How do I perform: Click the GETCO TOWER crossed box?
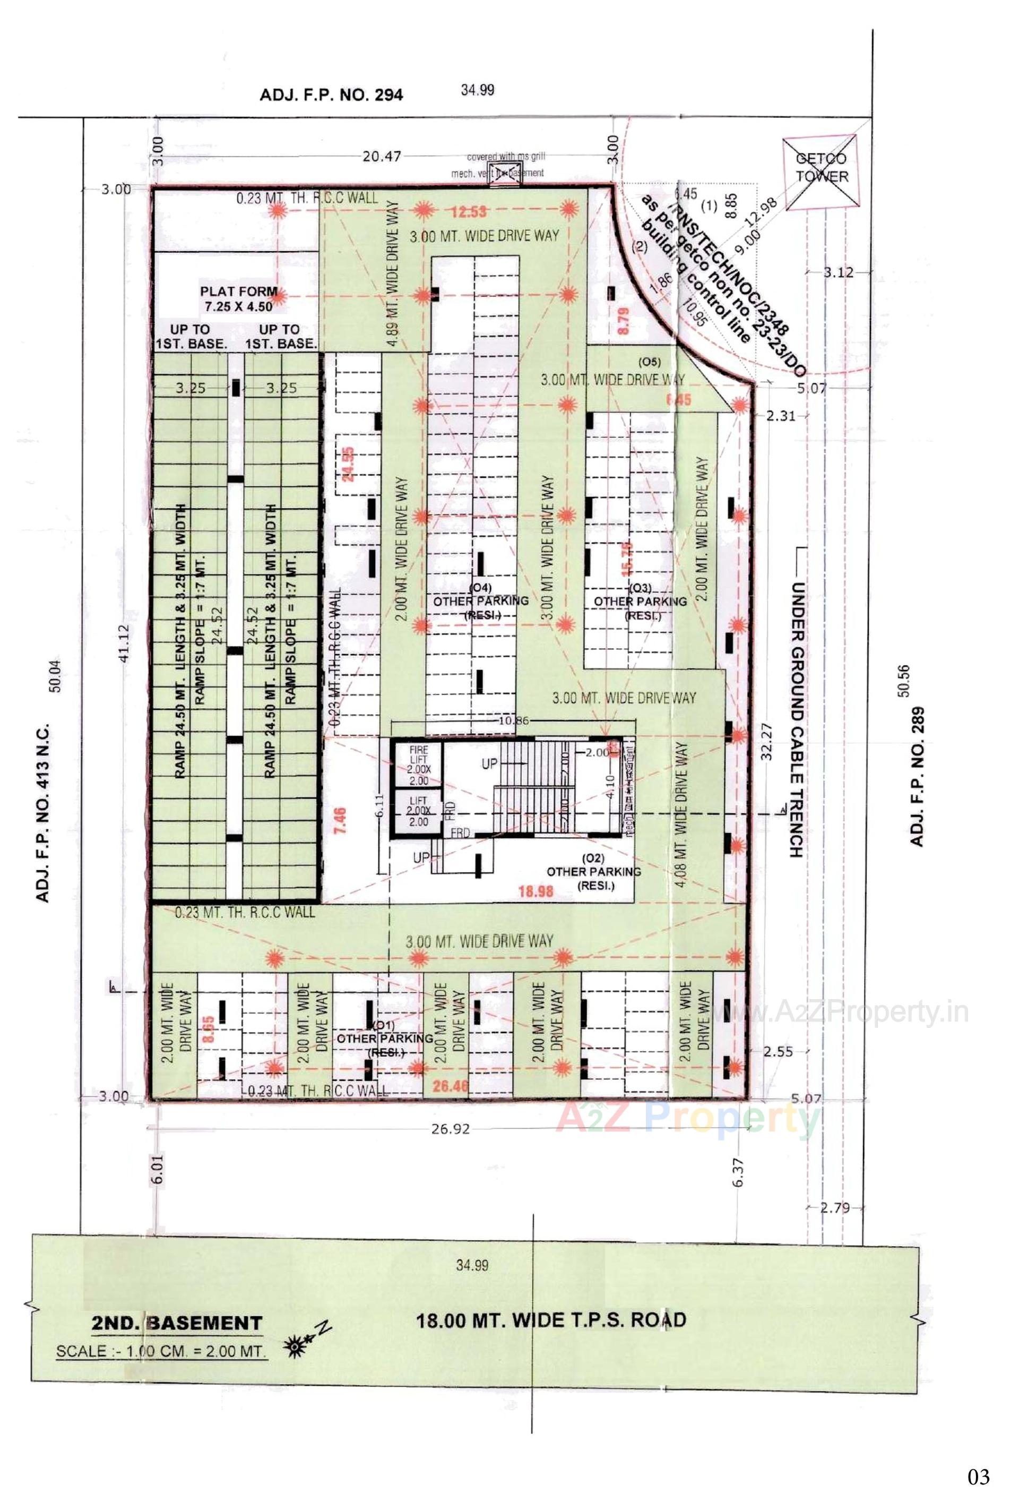pos(821,173)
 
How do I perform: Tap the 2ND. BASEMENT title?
pos(176,1324)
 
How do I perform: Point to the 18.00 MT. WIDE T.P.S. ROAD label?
pos(550,1320)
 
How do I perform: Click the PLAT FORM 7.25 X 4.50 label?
pos(238,298)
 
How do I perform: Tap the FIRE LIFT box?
pos(419,765)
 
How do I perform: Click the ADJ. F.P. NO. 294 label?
pos(331,95)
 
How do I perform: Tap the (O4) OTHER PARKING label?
pos(481,600)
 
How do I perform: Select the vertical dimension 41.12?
pos(124,642)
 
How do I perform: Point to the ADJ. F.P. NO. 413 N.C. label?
pos(42,812)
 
